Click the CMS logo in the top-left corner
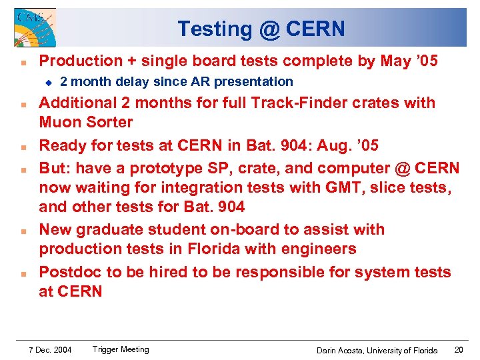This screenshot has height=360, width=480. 35,27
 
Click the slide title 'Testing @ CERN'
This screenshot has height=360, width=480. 261,29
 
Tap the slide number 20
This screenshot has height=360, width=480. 459,350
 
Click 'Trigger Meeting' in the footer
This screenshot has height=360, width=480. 121,349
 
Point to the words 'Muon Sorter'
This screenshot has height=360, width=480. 86,123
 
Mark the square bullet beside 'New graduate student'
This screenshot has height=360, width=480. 23,231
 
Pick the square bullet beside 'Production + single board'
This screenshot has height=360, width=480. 23,62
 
